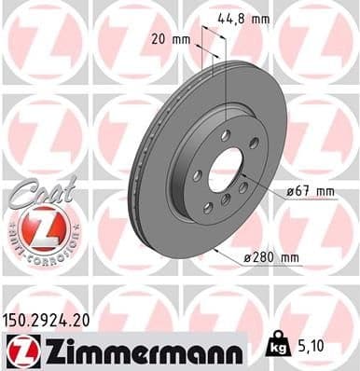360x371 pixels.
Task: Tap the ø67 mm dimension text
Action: [x=312, y=192]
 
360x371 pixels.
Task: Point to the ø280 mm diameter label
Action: [x=277, y=256]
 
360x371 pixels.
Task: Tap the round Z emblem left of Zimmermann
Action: [x=18, y=350]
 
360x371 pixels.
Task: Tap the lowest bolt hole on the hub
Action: [x=225, y=210]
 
